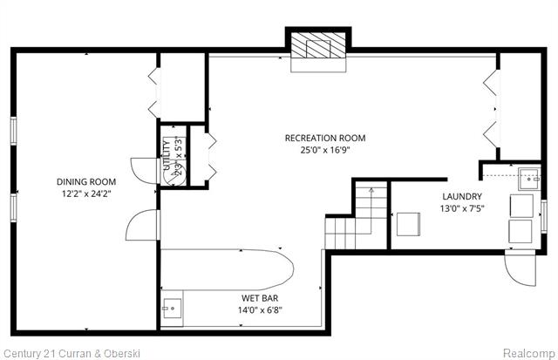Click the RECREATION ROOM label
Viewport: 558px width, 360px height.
pyautogui.click(x=324, y=138)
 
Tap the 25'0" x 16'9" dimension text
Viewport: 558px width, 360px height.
pyautogui.click(x=324, y=149)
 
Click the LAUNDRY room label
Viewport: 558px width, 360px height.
pyautogui.click(x=462, y=196)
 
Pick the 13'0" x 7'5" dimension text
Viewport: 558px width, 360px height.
pyautogui.click(x=462, y=207)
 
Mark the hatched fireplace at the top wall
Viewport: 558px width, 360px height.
pyautogui.click(x=317, y=47)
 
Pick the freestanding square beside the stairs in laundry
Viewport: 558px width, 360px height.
pyautogui.click(x=408, y=224)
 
